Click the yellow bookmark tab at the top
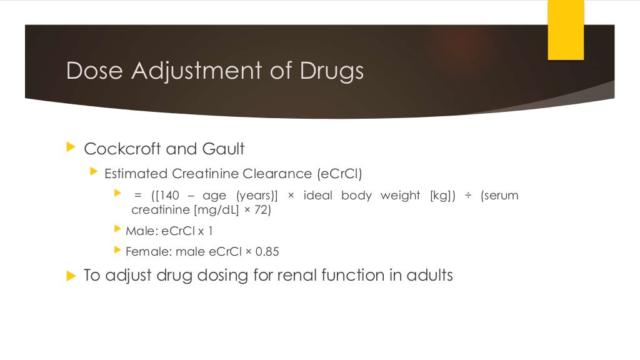[566, 29]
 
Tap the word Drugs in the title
[331, 71]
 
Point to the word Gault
[223, 149]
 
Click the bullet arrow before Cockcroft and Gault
[70, 148]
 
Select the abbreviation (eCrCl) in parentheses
[339, 173]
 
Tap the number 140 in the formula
[168, 196]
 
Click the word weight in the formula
[400, 196]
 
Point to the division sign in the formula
[468, 196]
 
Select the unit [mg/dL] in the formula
[213, 210]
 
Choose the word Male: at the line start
[142, 231]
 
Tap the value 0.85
[267, 252]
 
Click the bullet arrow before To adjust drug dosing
[70, 276]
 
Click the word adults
[429, 275]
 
